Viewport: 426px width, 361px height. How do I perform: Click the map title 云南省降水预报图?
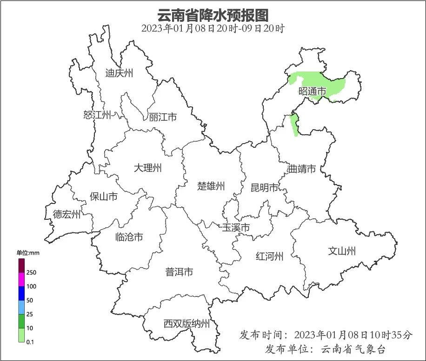click(213, 15)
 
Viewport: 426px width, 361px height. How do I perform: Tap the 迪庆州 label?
click(119, 73)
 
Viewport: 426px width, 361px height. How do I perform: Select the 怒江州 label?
click(97, 115)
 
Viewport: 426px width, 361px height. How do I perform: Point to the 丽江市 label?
click(163, 118)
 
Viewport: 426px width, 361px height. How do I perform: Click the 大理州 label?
click(147, 168)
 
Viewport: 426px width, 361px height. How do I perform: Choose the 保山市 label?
click(103, 197)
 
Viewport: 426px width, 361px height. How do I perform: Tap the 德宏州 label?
click(67, 214)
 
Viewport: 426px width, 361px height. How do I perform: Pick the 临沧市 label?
click(129, 237)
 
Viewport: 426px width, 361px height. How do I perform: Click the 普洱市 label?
click(179, 272)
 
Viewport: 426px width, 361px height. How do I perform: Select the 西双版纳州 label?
click(186, 324)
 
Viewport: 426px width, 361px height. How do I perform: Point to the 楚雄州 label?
click(211, 186)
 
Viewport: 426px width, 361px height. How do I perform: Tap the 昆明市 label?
click(264, 188)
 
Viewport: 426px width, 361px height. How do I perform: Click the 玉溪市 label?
click(236, 228)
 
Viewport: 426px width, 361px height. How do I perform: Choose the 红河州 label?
click(269, 256)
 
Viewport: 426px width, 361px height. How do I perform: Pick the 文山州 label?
click(342, 251)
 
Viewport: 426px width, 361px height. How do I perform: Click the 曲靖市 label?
click(302, 169)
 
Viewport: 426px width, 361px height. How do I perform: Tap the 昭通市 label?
click(312, 92)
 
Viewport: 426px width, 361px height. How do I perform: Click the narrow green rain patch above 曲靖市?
click(294, 125)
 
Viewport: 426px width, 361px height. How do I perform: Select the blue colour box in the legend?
click(21, 293)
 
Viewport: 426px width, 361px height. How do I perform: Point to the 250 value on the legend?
click(32, 272)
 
